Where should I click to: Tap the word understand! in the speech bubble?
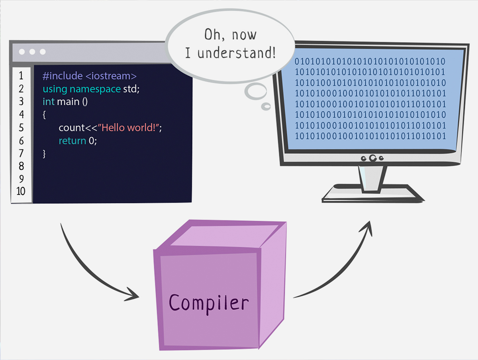coord(236,53)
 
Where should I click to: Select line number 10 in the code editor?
coord(21,191)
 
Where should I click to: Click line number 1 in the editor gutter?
coord(21,76)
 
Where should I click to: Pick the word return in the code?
coord(72,141)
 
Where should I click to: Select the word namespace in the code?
coord(95,89)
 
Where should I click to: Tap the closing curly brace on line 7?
coord(44,153)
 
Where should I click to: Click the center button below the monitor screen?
coord(372,158)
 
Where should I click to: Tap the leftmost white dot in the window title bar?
coord(22,52)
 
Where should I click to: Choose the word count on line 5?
coord(71,128)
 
